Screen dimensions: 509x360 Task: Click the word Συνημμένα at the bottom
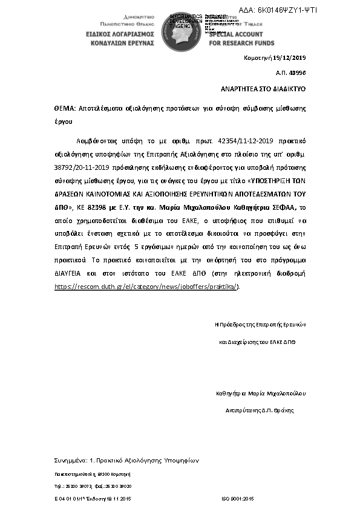tap(70, 460)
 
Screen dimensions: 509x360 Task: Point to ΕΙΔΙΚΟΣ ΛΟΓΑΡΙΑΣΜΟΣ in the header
tap(116, 35)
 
